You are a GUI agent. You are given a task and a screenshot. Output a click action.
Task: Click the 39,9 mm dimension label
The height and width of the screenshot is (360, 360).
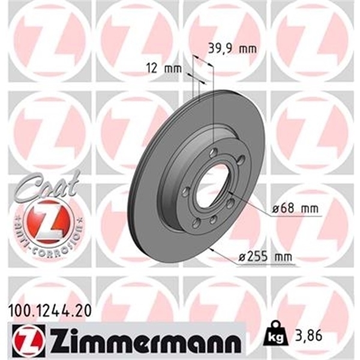pos(223,48)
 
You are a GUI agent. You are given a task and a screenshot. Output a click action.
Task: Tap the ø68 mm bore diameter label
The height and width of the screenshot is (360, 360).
pos(295,209)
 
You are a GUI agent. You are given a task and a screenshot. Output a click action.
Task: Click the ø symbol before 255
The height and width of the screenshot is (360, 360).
pos(242,258)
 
